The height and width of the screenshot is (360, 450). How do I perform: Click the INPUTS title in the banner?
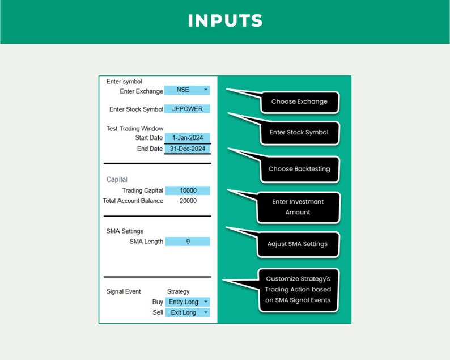[226, 20]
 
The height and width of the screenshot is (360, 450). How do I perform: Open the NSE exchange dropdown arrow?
[206, 90]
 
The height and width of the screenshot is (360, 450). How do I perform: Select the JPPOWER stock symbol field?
[187, 109]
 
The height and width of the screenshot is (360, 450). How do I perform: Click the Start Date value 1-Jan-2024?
[188, 138]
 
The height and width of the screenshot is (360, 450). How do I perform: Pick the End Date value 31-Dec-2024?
[188, 149]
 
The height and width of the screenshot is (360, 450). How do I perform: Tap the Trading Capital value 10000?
[188, 190]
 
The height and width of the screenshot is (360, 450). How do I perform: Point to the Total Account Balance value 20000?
[188, 201]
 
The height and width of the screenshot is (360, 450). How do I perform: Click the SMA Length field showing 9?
[188, 242]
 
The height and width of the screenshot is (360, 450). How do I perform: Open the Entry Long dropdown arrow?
[206, 302]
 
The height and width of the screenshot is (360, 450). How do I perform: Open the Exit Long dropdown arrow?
[206, 312]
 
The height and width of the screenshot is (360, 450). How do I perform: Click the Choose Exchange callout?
[300, 102]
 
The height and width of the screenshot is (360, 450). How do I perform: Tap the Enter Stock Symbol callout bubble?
[300, 133]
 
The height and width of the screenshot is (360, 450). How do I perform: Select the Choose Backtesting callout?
[300, 170]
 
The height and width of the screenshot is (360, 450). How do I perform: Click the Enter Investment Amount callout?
[299, 207]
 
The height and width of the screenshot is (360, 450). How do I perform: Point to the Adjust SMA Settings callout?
[298, 244]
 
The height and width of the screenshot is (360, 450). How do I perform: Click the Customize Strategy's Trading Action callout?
[299, 290]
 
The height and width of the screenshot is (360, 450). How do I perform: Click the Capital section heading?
[117, 179]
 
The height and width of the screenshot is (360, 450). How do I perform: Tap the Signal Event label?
[124, 291]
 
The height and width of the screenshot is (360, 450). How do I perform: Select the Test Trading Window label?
[135, 128]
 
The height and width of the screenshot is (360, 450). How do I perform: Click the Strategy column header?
[178, 291]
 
